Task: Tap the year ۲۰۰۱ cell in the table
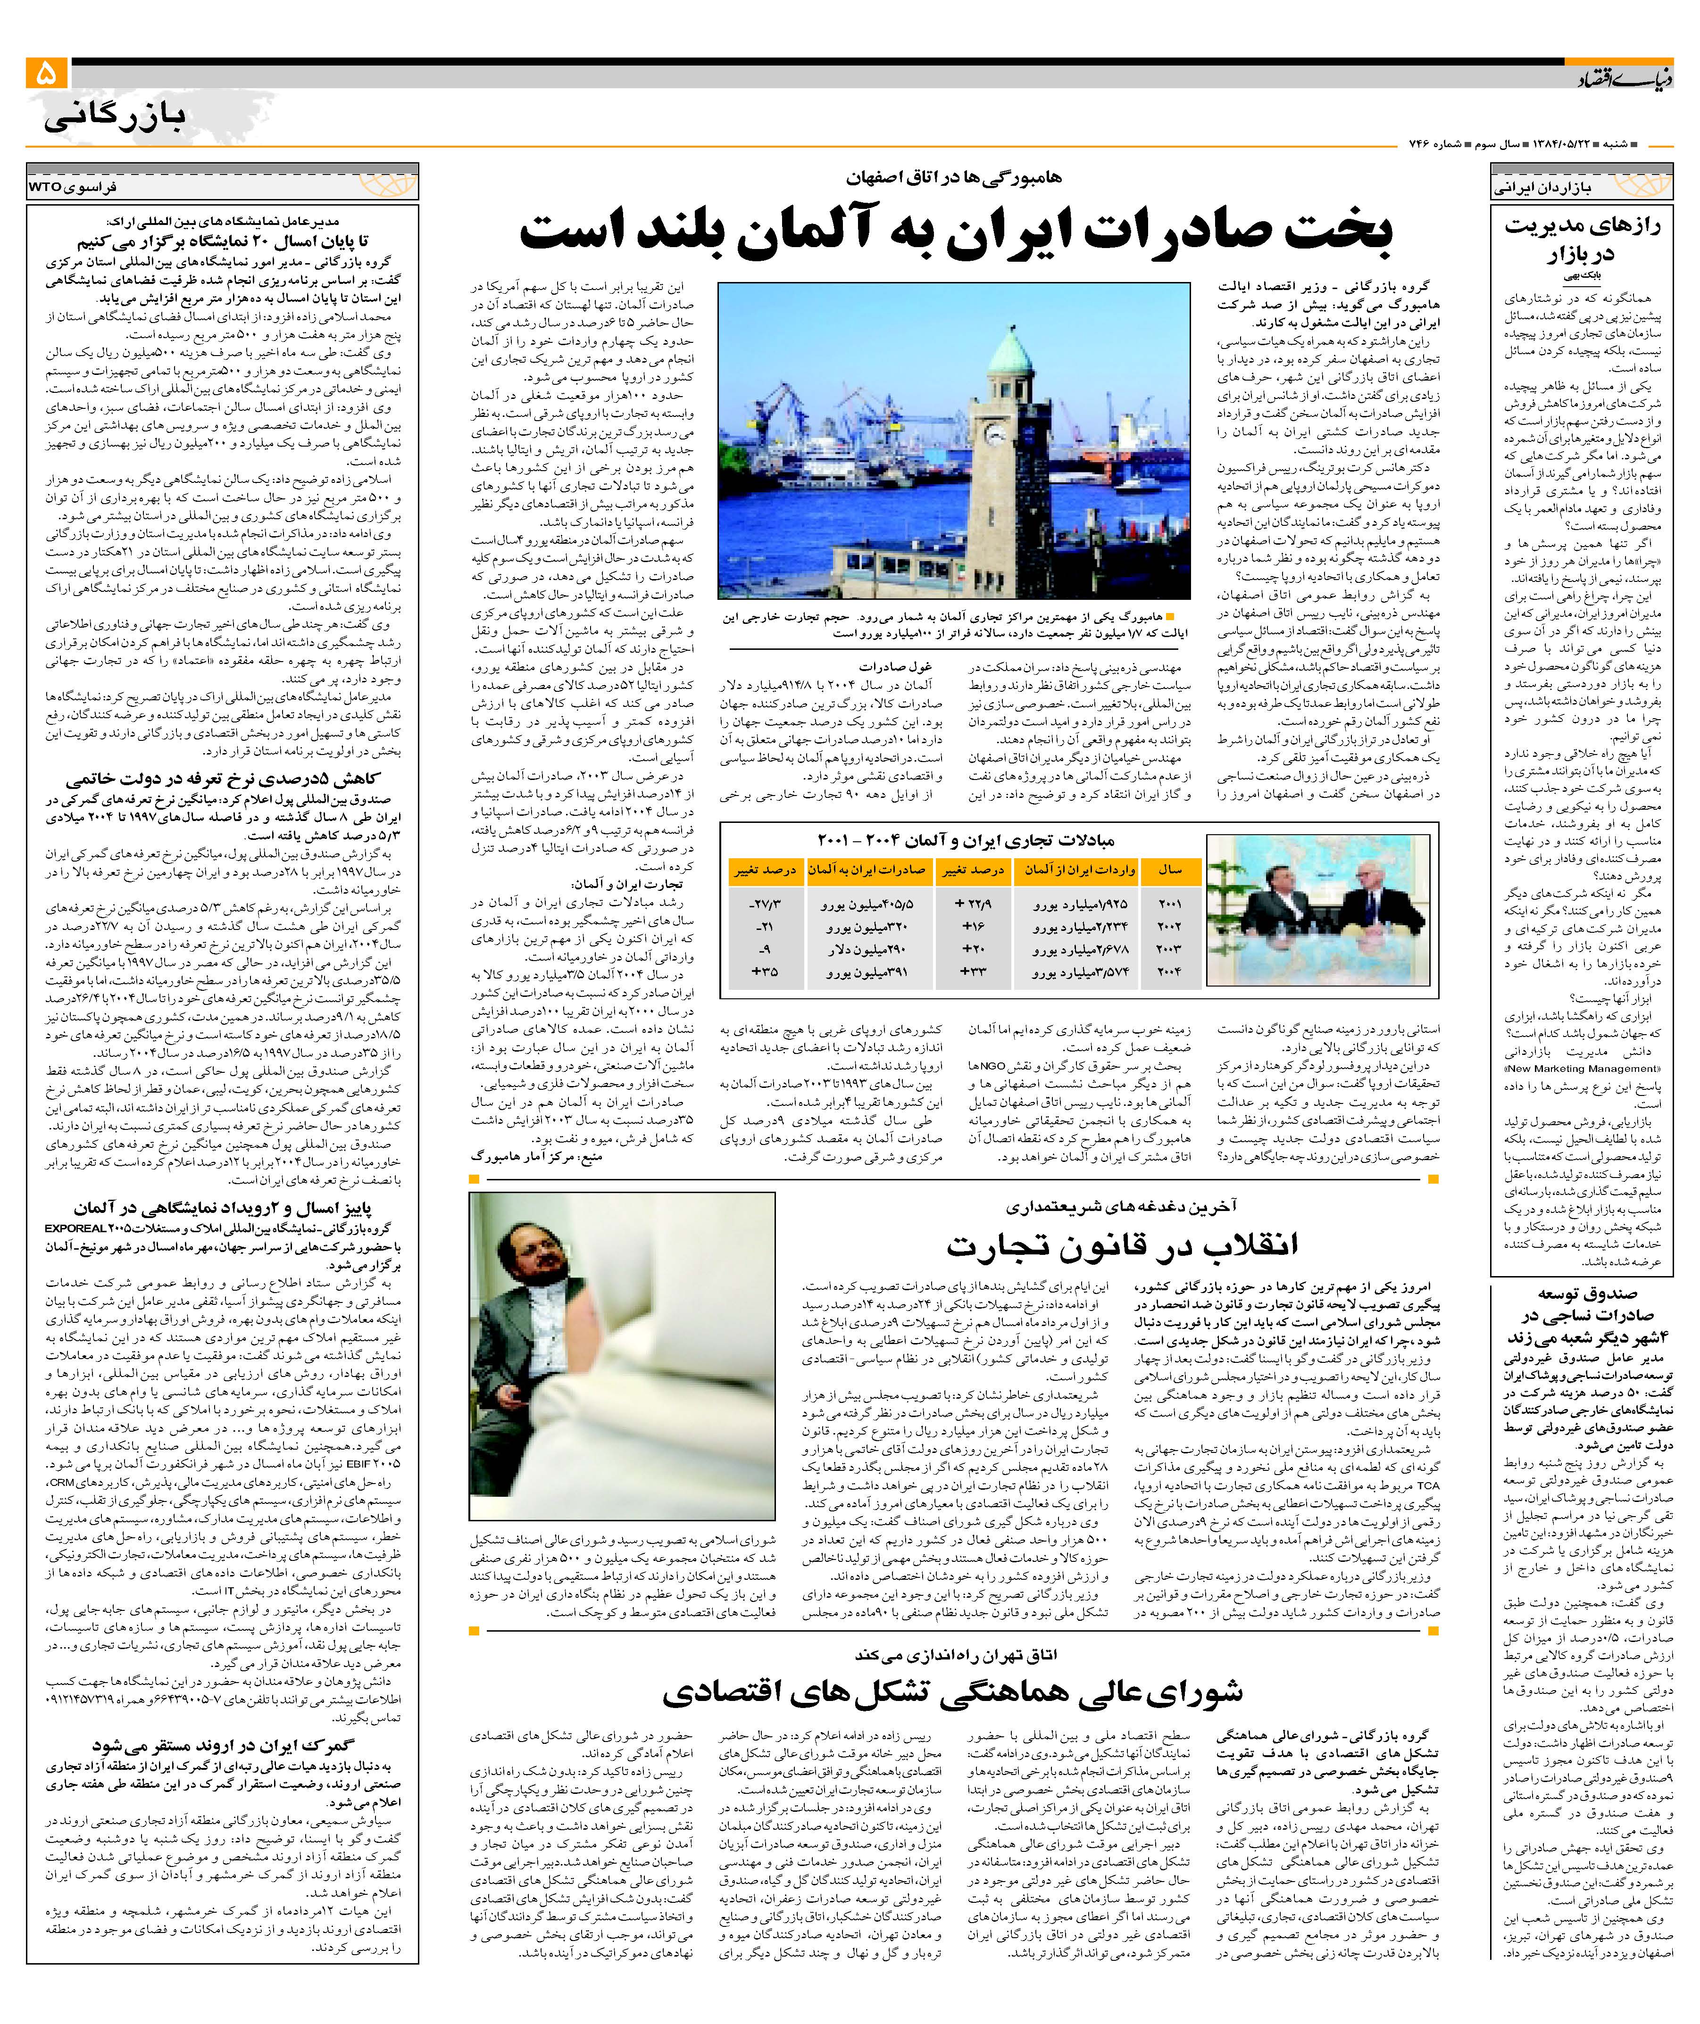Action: click(1169, 905)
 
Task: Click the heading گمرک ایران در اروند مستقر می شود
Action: click(224, 1744)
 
